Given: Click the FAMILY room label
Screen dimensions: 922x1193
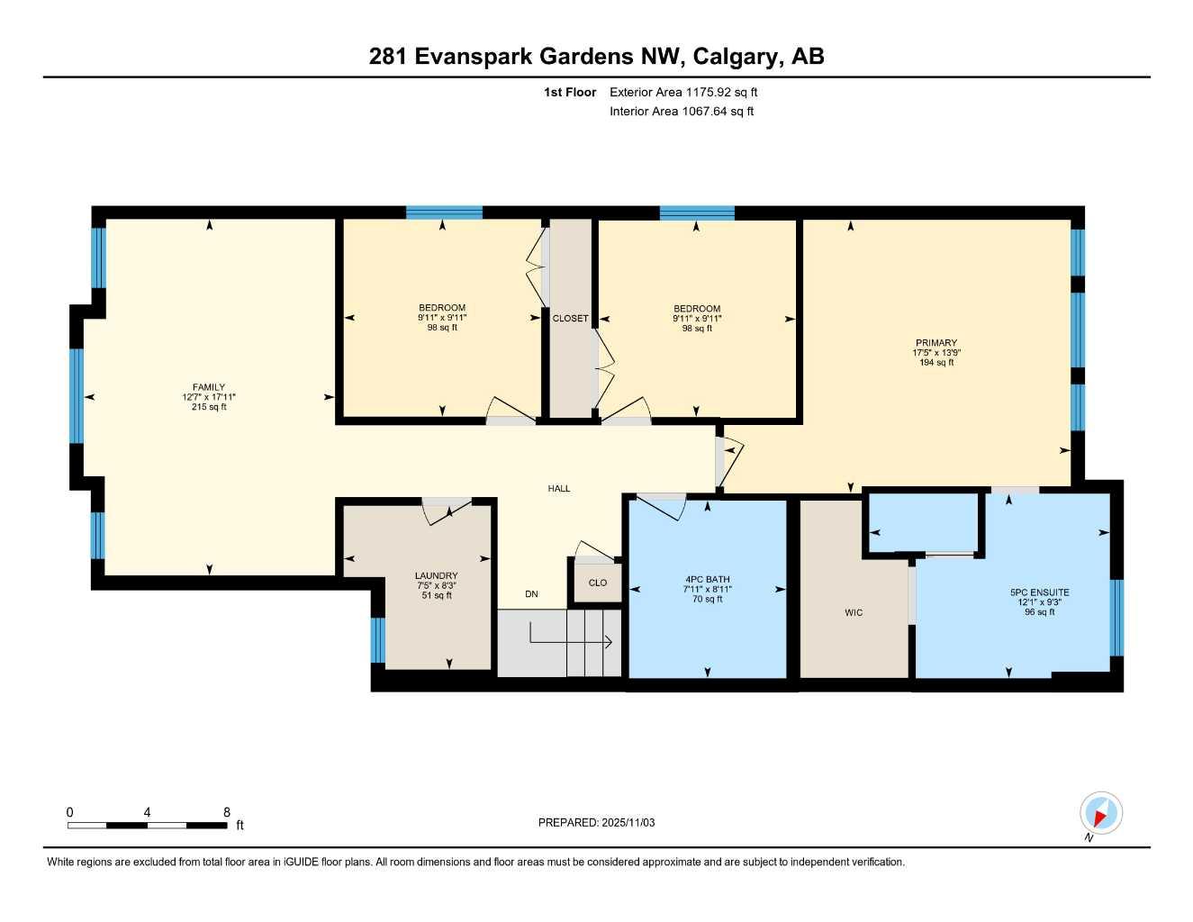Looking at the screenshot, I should [209, 387].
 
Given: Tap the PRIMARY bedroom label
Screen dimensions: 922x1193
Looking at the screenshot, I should [936, 343].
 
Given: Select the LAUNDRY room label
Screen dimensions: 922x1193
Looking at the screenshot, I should [436, 576].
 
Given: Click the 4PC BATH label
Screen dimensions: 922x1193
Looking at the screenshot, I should [707, 580].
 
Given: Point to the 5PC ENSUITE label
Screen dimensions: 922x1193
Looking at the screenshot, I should [1039, 592].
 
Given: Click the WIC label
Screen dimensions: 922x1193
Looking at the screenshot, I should [853, 613].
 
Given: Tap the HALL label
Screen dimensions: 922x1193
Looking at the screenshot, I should [559, 489].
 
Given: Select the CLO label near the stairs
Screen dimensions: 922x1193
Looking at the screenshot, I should [598, 583].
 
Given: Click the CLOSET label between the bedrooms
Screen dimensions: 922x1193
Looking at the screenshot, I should [570, 319].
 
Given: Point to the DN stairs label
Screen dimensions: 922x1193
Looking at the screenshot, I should [531, 594].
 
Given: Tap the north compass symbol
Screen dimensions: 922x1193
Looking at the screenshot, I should [1100, 814].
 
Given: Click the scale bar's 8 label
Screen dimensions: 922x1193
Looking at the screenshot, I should [226, 812].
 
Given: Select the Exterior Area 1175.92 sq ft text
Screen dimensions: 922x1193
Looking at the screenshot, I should [683, 92].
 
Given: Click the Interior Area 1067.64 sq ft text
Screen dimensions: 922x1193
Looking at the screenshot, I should [682, 112].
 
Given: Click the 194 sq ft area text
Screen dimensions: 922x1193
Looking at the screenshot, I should [936, 363].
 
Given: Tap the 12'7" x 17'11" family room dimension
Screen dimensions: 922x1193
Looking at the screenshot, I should [209, 397].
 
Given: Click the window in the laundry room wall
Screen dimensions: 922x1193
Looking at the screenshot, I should [378, 640].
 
